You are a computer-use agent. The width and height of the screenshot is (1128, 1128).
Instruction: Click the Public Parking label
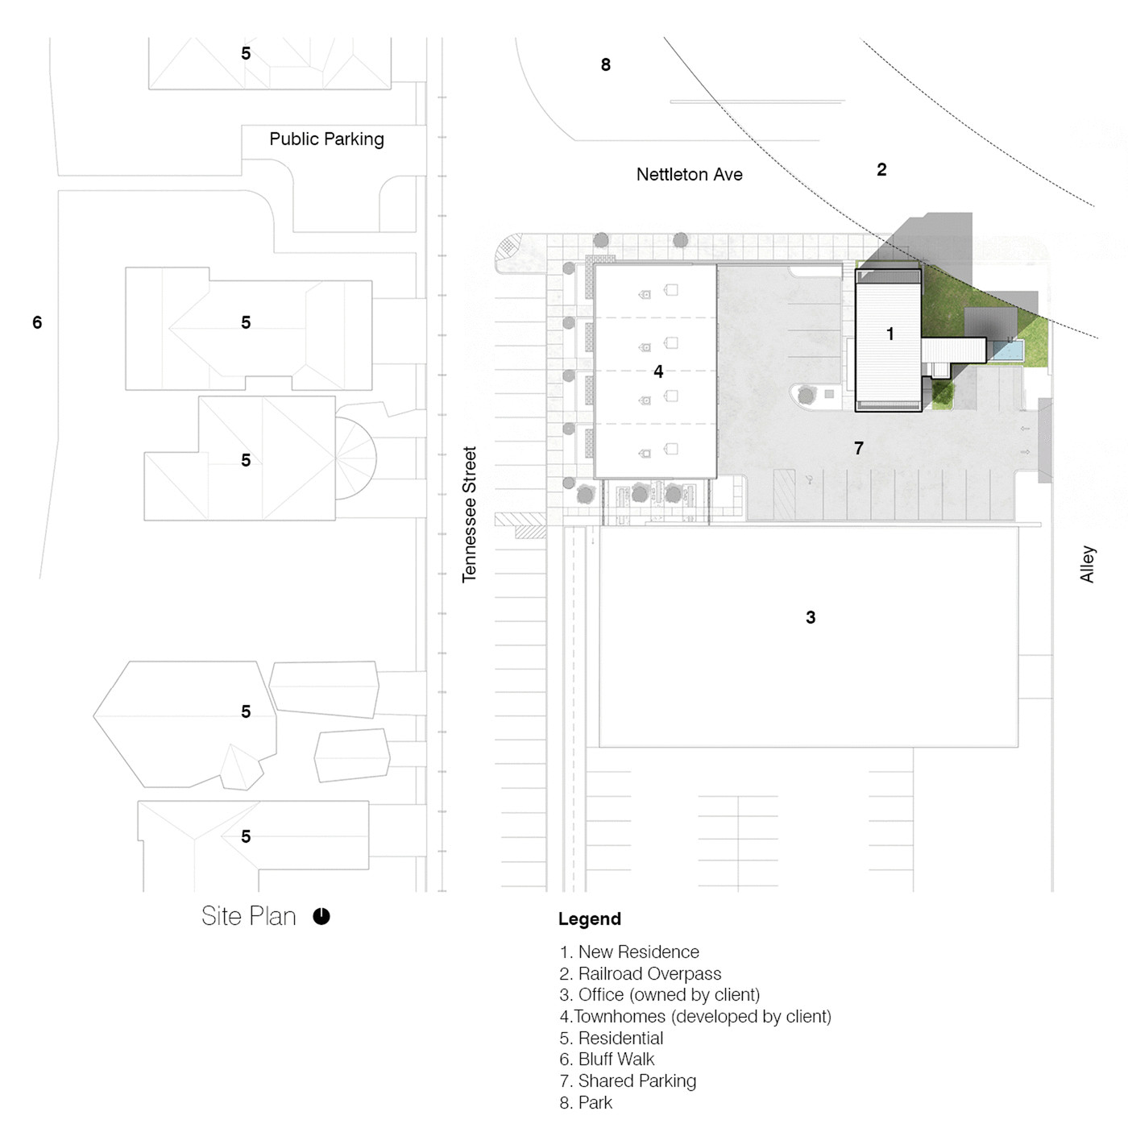coord(326,139)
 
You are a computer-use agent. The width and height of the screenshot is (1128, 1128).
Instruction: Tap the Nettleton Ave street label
coord(689,175)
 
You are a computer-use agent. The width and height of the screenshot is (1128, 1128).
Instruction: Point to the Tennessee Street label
coord(470,515)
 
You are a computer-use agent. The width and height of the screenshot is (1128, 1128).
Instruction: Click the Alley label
coord(1087,564)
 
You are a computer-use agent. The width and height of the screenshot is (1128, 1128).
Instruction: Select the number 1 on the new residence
coord(890,334)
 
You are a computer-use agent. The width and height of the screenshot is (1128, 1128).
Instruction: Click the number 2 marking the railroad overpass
coord(881,170)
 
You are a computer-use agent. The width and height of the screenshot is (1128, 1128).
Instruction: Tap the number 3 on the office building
coord(811,617)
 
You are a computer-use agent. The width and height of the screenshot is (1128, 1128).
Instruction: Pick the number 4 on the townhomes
coord(658,371)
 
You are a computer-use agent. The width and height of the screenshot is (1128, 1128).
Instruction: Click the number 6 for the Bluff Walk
coord(37,322)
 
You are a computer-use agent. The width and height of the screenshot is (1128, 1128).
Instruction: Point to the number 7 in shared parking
coord(859,449)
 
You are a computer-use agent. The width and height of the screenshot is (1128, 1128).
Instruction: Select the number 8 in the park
coord(606,64)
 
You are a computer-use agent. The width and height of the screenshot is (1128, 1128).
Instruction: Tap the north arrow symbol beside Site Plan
coord(321,916)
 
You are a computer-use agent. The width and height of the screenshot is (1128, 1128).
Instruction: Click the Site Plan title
coord(249,916)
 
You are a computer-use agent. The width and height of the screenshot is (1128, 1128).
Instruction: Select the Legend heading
coord(590,919)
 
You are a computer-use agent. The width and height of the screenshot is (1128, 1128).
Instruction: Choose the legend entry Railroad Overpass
coord(641,972)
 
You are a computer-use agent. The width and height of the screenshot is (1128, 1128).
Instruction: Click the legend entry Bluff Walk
coord(607,1059)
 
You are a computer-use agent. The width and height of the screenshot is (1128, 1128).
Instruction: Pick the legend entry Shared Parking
coord(628,1080)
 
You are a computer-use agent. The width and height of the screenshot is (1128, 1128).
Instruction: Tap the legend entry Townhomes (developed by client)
coord(695,1016)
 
